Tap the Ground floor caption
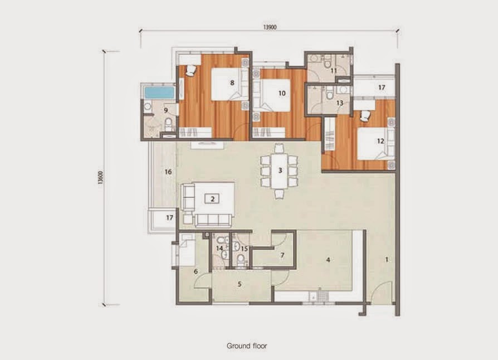[x=247, y=346]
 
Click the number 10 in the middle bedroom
[x=282, y=94]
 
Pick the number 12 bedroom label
[x=380, y=141]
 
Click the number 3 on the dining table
[x=280, y=170]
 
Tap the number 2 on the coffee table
[x=212, y=198]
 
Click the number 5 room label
[x=240, y=284]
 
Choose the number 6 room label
[x=196, y=271]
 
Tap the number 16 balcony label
[x=167, y=172]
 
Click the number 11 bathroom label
[x=334, y=71]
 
